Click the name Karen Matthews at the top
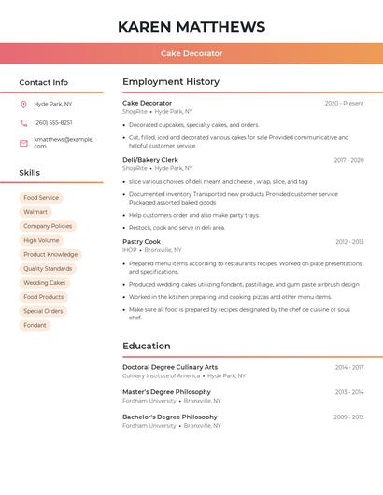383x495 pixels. pyautogui.click(x=191, y=27)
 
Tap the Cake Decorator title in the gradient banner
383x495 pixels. pyautogui.click(x=191, y=54)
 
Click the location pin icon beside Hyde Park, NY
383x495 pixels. pyautogui.click(x=23, y=105)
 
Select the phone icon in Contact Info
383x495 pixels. pyautogui.click(x=23, y=123)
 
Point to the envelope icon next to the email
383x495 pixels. pyautogui.click(x=23, y=143)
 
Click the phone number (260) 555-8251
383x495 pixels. pyautogui.click(x=52, y=123)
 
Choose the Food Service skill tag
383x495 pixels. pyautogui.click(x=41, y=198)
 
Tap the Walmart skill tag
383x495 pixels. pyautogui.click(x=35, y=212)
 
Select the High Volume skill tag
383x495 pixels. pyautogui.click(x=41, y=240)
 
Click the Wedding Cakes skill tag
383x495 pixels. pyautogui.click(x=45, y=282)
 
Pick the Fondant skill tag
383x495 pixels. pyautogui.click(x=35, y=325)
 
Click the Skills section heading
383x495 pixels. pyautogui.click(x=30, y=173)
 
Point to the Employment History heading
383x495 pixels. pyautogui.click(x=171, y=82)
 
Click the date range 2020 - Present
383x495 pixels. pyautogui.click(x=344, y=104)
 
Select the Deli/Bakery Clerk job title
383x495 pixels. pyautogui.click(x=150, y=160)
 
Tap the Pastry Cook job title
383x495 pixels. pyautogui.click(x=141, y=242)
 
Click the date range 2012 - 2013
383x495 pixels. pyautogui.click(x=349, y=242)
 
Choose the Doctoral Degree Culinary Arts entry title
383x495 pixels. pyautogui.click(x=170, y=367)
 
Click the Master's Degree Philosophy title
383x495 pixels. pyautogui.click(x=166, y=392)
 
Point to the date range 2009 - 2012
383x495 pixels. pyautogui.click(x=348, y=417)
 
